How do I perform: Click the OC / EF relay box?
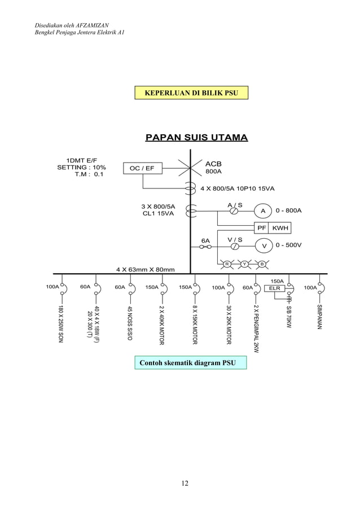click(142, 168)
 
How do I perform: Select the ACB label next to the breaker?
click(213, 164)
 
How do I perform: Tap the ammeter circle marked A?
click(262, 210)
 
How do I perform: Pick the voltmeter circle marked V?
click(262, 245)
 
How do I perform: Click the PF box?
click(261, 228)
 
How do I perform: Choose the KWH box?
click(280, 228)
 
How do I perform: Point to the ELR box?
click(274, 288)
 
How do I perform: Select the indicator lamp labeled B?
click(262, 264)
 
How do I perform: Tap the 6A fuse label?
click(206, 240)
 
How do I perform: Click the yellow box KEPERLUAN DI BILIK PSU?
click(191, 92)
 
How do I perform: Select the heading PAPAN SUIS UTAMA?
click(196, 138)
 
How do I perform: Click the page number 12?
click(185, 483)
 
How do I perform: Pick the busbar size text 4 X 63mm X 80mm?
click(145, 269)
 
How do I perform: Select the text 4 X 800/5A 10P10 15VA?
click(241, 188)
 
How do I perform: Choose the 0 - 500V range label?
click(288, 245)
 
